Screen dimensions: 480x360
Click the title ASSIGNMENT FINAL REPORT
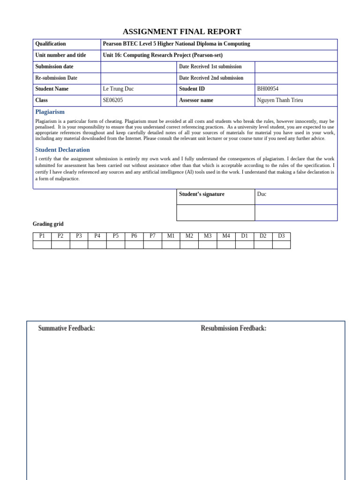click(x=182, y=32)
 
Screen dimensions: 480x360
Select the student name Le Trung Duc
click(x=118, y=89)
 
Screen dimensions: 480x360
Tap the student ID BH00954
click(x=268, y=89)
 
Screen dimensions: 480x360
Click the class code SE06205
click(x=113, y=100)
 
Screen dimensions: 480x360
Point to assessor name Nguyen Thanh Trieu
click(x=280, y=100)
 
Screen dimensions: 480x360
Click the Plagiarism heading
click(x=50, y=112)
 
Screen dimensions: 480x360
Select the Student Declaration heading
click(x=62, y=150)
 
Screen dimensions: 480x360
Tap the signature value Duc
click(x=262, y=194)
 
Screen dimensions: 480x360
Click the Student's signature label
click(x=202, y=194)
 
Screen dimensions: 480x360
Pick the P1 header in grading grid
click(x=42, y=236)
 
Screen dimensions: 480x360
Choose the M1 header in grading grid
click(x=171, y=236)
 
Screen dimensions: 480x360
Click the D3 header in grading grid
click(x=281, y=236)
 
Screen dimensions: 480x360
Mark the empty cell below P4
click(x=97, y=245)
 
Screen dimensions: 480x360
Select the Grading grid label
click(x=48, y=224)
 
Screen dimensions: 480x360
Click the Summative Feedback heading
click(x=67, y=329)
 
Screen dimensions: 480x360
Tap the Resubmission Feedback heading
click(x=233, y=329)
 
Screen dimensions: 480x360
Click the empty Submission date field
click(x=138, y=67)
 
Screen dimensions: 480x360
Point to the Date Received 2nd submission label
click(x=211, y=78)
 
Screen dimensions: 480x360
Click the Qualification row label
click(x=51, y=44)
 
